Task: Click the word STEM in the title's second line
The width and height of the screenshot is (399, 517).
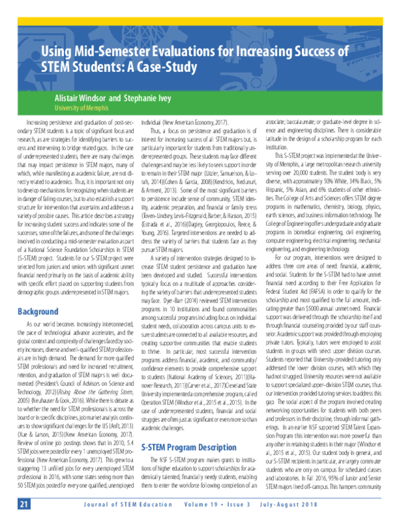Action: [73, 67]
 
